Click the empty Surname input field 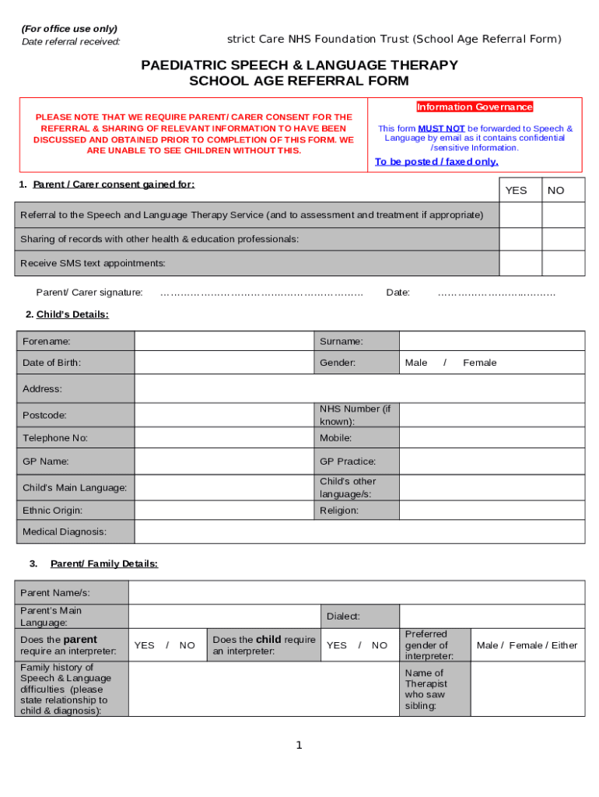[x=492, y=341]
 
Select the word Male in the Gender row [x=416, y=363]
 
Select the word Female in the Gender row [x=479, y=363]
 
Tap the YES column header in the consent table [x=516, y=191]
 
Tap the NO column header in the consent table [x=556, y=191]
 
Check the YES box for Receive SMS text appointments [x=520, y=264]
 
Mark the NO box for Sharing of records [x=563, y=239]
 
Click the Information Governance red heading [x=475, y=107]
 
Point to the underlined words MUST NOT [x=441, y=128]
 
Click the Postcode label [x=44, y=416]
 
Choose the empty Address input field [x=359, y=388]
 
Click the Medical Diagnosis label [x=65, y=532]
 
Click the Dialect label [x=343, y=616]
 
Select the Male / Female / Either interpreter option [x=527, y=645]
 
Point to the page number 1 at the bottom [x=299, y=746]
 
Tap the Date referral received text [x=72, y=41]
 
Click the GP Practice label [x=348, y=462]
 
